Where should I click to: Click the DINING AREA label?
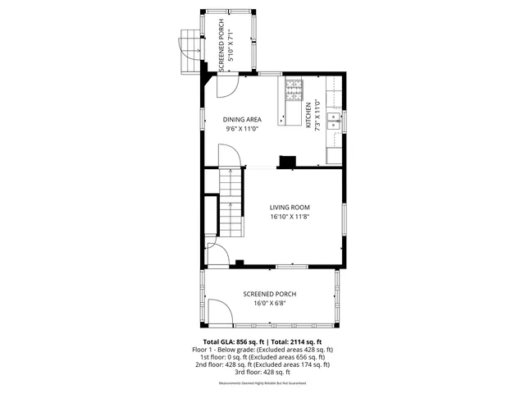[x=242, y=120]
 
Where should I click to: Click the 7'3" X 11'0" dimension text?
[x=317, y=115]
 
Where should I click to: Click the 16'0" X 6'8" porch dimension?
[x=269, y=303]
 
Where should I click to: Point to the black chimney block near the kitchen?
[x=288, y=161]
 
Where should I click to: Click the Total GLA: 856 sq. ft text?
[x=233, y=341]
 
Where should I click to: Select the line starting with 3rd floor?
[x=262, y=372]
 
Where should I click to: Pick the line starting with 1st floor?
[x=262, y=357]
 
